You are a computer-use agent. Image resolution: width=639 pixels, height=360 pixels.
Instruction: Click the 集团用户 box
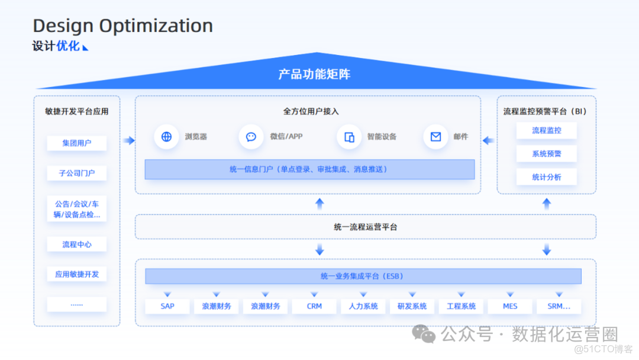[77, 143]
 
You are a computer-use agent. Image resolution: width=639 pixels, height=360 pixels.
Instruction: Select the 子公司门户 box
[77, 173]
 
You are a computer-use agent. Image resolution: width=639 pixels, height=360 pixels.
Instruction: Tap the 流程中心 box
[77, 245]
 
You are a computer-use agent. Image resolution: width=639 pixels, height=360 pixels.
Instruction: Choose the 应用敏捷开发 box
[77, 274]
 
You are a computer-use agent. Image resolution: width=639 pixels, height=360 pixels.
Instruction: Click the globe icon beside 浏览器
[166, 137]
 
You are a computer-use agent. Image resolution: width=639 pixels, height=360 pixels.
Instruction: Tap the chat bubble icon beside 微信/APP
[251, 137]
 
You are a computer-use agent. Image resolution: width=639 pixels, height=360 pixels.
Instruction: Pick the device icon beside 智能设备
[349, 137]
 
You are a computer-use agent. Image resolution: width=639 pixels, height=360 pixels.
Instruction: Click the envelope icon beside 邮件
[435, 137]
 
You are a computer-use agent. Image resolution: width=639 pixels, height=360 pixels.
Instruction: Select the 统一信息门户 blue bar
[309, 169]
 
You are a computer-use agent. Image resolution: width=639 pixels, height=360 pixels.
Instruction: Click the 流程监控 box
[546, 131]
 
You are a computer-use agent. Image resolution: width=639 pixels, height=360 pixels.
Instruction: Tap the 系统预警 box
[546, 154]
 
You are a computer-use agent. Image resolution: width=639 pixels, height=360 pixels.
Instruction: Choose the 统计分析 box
[546, 177]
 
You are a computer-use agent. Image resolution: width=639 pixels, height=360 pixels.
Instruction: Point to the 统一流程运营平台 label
[365, 227]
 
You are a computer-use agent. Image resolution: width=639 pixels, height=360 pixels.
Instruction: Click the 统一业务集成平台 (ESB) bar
[363, 276]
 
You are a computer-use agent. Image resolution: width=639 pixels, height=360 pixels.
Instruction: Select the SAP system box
[167, 306]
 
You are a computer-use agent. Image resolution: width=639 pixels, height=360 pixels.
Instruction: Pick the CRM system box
[314, 306]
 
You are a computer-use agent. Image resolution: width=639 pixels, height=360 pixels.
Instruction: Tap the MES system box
[510, 306]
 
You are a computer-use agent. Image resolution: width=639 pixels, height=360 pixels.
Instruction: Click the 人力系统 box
[363, 306]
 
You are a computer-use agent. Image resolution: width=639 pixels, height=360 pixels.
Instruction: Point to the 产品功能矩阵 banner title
[314, 75]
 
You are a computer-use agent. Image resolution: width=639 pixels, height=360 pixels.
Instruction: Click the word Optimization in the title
[156, 26]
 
